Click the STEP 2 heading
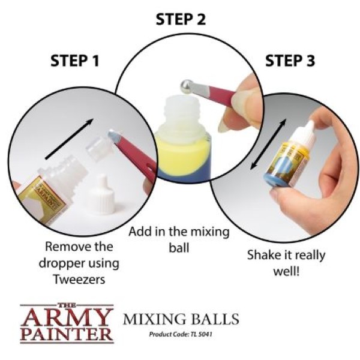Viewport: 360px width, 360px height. [181, 19]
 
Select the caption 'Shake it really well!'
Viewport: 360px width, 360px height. [286, 262]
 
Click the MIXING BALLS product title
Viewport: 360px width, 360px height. [181, 318]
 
